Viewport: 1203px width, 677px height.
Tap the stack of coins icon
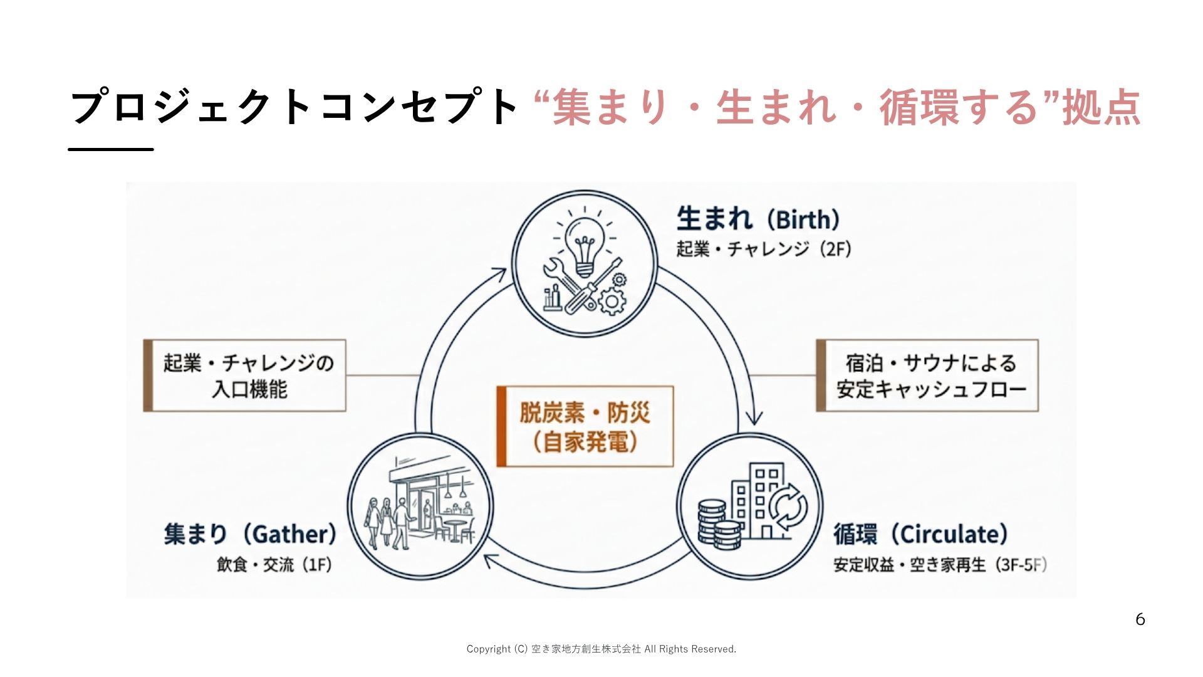coord(719,525)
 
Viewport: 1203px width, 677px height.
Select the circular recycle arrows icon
coord(788,507)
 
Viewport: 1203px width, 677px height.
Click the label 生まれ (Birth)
coord(758,219)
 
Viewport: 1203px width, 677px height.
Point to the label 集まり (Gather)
coord(250,534)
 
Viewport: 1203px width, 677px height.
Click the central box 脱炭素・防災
coord(585,426)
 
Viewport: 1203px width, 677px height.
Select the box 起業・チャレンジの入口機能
coord(244,375)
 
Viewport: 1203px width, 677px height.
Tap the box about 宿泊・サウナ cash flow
coord(927,375)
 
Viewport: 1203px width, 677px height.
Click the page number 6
coord(1140,619)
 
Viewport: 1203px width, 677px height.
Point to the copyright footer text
coord(601,649)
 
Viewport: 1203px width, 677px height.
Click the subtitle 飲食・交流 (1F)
coord(274,565)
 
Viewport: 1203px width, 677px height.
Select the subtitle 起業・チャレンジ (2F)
coord(764,249)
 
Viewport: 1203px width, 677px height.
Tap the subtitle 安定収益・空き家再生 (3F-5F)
coord(940,565)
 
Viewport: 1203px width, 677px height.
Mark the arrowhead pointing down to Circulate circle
coord(754,417)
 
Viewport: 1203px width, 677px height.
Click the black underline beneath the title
coord(111,149)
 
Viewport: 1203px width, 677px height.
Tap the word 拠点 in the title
coord(1101,107)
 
